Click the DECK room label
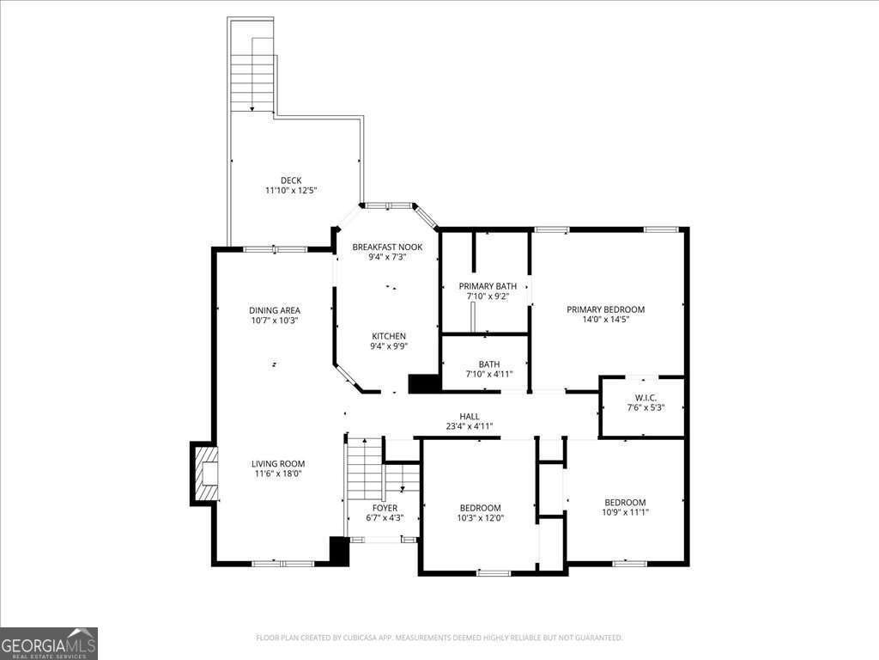point(290,180)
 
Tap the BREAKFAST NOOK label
point(386,247)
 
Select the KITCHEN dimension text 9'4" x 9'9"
point(389,346)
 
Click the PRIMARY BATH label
point(484,286)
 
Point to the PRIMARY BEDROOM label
point(605,309)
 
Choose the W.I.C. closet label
point(646,397)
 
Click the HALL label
point(469,416)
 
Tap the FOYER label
point(385,508)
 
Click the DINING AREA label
point(275,310)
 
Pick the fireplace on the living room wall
point(203,473)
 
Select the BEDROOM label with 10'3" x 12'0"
point(480,508)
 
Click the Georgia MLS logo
point(49,644)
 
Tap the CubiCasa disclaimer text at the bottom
point(439,638)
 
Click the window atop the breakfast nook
point(386,206)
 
